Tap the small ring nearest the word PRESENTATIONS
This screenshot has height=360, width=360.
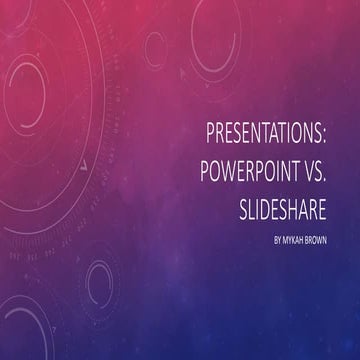[155, 45]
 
